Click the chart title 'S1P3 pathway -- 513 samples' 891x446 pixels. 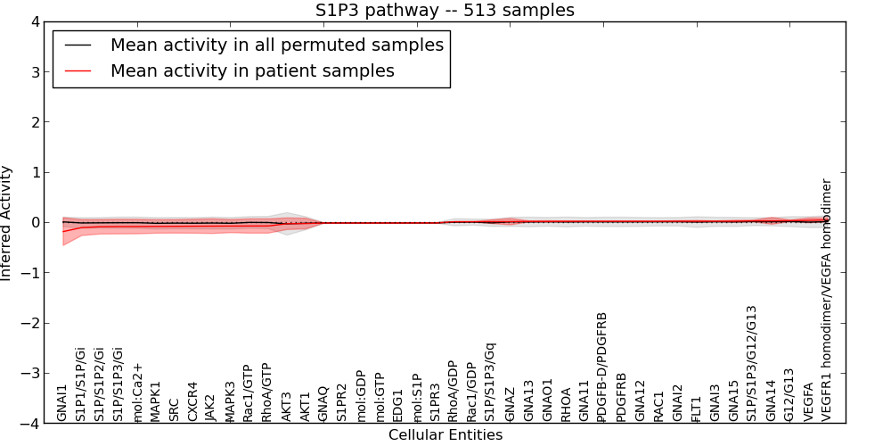pyautogui.click(x=445, y=11)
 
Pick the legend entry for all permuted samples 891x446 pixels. pyautogui.click(x=276, y=45)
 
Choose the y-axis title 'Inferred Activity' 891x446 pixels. pyautogui.click(x=7, y=223)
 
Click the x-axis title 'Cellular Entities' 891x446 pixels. pyautogui.click(x=445, y=435)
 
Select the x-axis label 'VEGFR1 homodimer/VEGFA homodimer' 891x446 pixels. pyautogui.click(x=827, y=300)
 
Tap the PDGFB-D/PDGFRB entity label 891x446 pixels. pyautogui.click(x=602, y=367)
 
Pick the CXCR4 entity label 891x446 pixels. pyautogui.click(x=192, y=401)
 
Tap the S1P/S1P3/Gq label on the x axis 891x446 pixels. pyautogui.click(x=490, y=381)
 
